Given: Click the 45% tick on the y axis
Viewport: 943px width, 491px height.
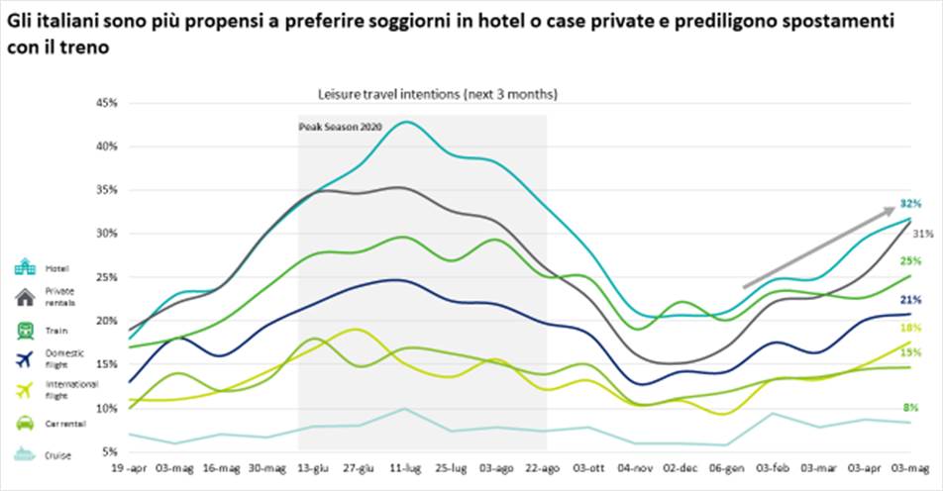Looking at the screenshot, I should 105,103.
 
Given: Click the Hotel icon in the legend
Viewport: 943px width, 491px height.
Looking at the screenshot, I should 25,268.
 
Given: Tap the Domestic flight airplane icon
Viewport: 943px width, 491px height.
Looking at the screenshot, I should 25,359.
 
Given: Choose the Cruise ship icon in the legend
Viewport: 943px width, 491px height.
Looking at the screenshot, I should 25,455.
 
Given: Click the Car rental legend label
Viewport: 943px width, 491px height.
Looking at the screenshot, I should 65,425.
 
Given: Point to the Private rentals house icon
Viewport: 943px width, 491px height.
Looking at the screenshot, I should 25,297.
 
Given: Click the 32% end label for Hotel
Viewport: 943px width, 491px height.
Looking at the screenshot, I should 910,203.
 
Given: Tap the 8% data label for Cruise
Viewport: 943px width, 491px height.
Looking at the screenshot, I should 910,407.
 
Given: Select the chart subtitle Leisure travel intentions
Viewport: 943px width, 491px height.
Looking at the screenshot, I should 437,95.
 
